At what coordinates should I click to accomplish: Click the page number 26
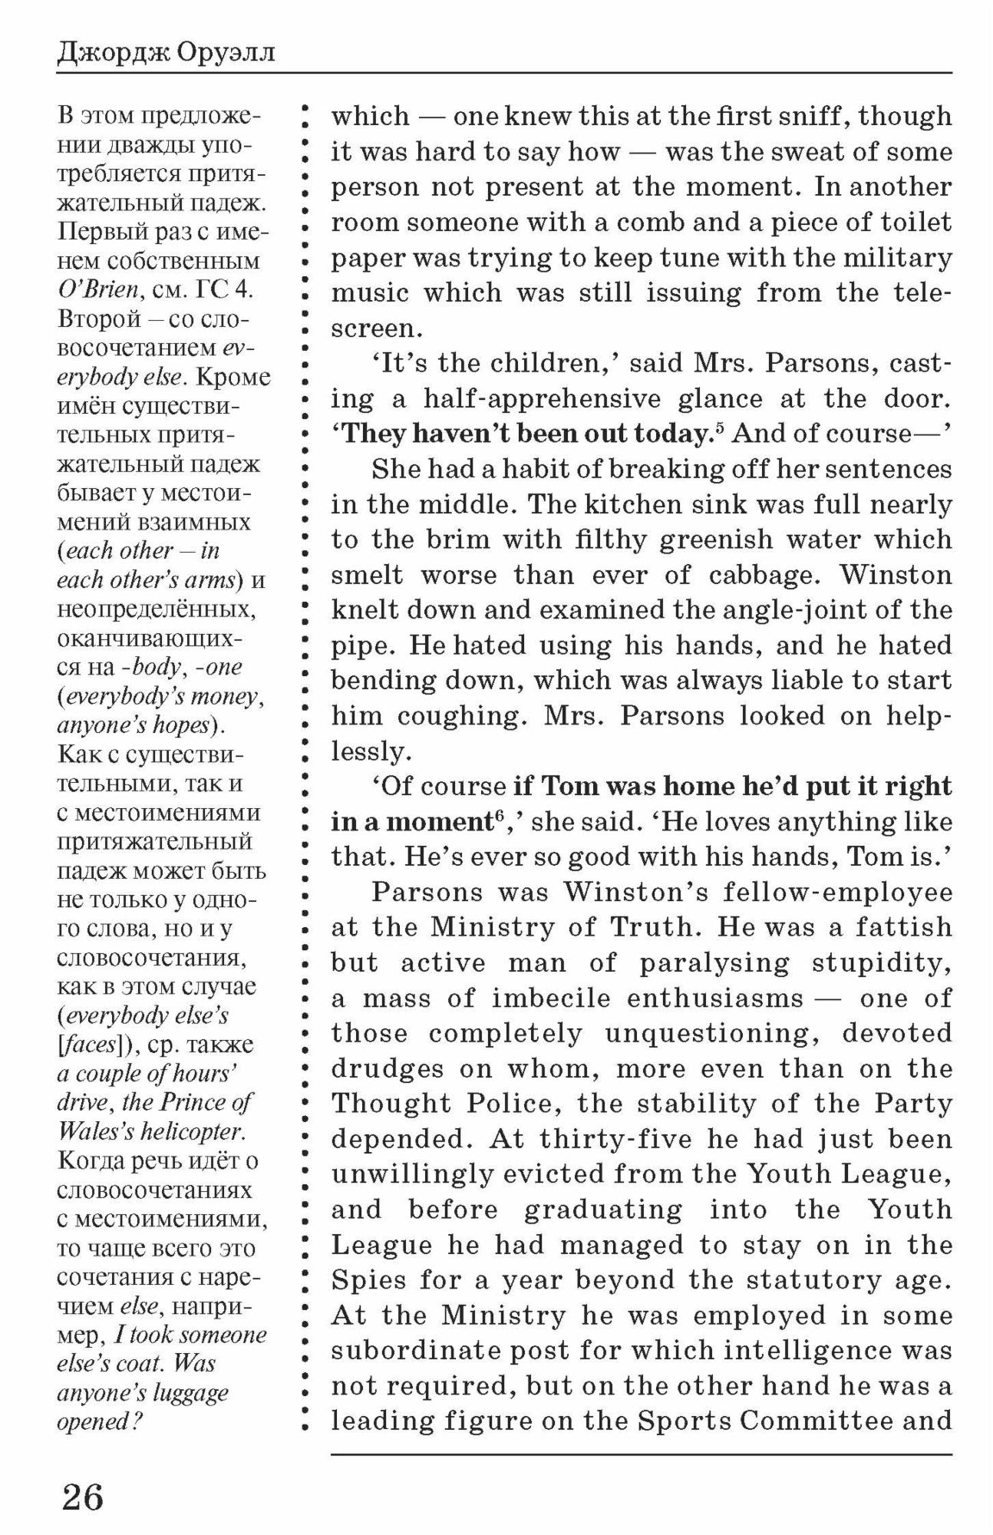coord(82,1497)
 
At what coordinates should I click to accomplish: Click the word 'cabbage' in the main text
coord(764,574)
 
